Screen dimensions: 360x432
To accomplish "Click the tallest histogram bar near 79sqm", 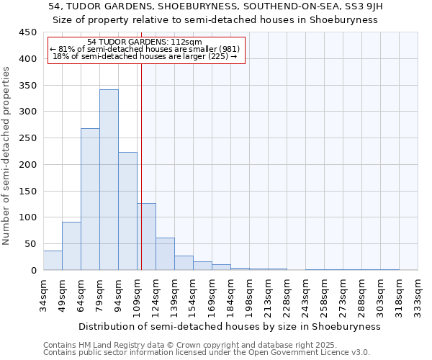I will click(x=109, y=180).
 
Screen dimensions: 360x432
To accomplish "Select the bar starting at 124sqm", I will click(x=165, y=254).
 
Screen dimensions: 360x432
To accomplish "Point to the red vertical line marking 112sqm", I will click(x=141, y=166).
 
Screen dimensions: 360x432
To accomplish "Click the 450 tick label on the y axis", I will click(x=27, y=32).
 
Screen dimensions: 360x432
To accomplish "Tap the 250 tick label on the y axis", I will click(x=27, y=138).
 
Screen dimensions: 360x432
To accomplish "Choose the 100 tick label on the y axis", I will click(x=27, y=217).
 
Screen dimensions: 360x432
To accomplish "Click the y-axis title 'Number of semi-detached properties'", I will click(x=7, y=156).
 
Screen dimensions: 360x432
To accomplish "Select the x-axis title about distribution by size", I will click(x=229, y=326).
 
